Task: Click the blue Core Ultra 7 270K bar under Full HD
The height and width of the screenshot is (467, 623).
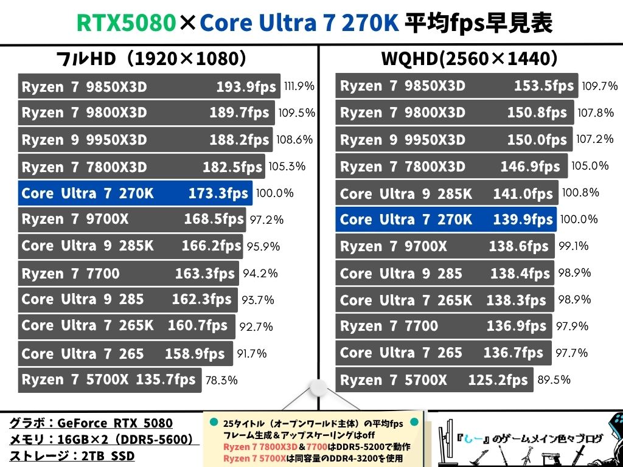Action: (134, 193)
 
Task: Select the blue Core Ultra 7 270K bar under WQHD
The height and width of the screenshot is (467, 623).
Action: (445, 220)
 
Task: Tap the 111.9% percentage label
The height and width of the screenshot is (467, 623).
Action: (299, 86)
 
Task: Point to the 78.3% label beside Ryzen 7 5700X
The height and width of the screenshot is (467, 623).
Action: (221, 381)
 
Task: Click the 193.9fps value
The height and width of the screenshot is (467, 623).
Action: (246, 87)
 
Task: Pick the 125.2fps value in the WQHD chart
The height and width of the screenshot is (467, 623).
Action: (498, 381)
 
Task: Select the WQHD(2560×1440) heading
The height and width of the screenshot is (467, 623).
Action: (469, 59)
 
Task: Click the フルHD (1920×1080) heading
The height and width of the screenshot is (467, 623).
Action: (150, 59)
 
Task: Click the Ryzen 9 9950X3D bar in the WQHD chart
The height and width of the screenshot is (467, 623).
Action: (454, 140)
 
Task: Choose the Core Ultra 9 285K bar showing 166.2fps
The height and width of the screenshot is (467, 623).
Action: (131, 246)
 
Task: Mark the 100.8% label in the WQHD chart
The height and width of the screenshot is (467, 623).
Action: (580, 193)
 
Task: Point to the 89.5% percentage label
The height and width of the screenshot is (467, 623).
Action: (554, 380)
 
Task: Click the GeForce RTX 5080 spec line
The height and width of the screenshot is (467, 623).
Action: (91, 423)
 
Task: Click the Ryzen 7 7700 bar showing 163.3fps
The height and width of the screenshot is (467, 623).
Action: (128, 274)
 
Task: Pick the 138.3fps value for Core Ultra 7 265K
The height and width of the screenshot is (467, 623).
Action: (516, 300)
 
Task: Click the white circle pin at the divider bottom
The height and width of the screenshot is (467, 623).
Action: (318, 388)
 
